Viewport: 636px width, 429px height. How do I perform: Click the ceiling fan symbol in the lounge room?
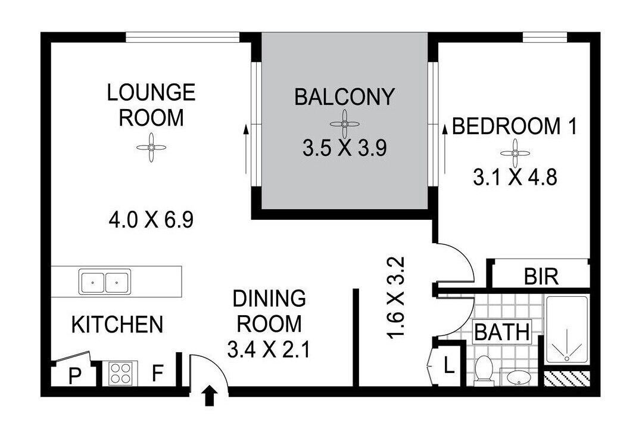coord(151,147)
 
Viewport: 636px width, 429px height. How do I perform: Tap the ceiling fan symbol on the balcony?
coord(344,124)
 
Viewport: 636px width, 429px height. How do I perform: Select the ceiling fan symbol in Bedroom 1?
coord(515,153)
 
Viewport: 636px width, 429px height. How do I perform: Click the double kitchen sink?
coord(105,282)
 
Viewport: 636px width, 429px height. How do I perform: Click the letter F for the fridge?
coord(158,374)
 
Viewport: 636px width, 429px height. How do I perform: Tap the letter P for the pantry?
coord(74,376)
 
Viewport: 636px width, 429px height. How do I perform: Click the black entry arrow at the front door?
coord(209,396)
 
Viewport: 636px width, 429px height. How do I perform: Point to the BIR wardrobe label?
coord(541,277)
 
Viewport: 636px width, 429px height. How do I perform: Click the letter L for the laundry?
coord(448,366)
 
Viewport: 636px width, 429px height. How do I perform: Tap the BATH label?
coord(502,332)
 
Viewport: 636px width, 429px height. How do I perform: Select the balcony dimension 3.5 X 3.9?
coord(345,148)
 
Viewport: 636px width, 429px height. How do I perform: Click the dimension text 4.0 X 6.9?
coord(151,220)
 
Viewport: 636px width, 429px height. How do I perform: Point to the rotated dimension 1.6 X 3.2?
coord(395,297)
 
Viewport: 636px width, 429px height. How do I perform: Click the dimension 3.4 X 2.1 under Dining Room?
coord(269,350)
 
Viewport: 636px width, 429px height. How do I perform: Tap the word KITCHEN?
coord(117,325)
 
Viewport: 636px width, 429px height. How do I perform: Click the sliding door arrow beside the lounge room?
coord(246,149)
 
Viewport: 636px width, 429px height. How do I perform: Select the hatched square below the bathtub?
coord(566,378)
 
